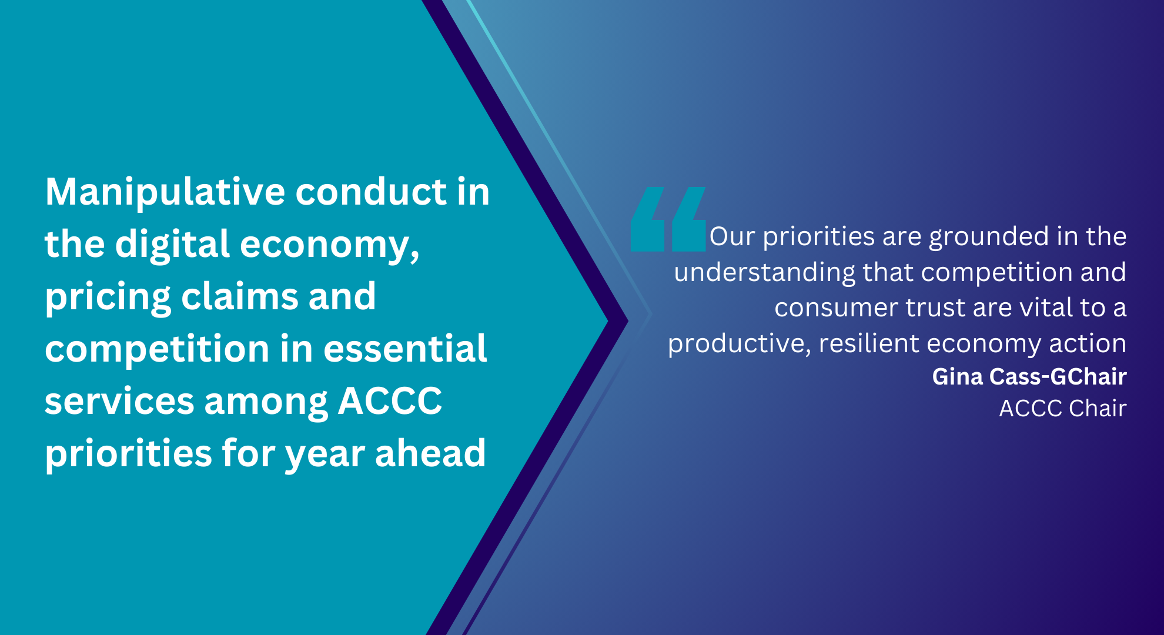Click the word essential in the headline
click(x=405, y=349)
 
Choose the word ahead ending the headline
click(x=430, y=453)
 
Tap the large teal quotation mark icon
click(x=668, y=219)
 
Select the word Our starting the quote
click(x=732, y=236)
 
